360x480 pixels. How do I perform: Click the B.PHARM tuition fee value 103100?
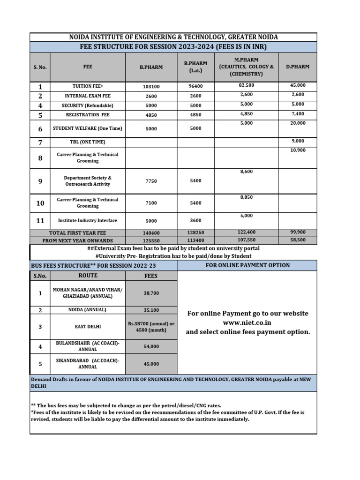pos(151,87)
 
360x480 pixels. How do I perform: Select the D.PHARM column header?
pos(298,67)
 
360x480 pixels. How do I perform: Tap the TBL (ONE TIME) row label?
pos(88,142)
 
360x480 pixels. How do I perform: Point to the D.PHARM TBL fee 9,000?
pos(298,141)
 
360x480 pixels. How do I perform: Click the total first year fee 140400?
pos(151,233)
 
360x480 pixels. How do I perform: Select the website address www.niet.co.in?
pos(247,323)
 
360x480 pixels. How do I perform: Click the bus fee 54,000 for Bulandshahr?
pos(151,346)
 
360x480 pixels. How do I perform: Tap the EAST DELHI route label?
pos(88,327)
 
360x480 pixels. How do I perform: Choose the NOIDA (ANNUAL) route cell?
pos(88,310)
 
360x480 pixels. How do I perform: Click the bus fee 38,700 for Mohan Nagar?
pos(151,293)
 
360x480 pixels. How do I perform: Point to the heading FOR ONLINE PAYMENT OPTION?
pos(247,265)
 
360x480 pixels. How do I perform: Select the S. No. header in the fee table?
pos(40,67)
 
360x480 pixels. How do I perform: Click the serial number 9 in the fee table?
pos(40,181)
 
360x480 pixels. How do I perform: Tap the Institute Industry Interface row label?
pos(88,220)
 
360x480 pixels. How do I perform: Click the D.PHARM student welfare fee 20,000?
pos(298,123)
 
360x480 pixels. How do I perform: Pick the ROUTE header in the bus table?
pos(88,276)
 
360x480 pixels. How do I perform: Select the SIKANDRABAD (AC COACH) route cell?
pos(88,364)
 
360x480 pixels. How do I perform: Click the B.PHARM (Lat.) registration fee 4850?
pos(196,115)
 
